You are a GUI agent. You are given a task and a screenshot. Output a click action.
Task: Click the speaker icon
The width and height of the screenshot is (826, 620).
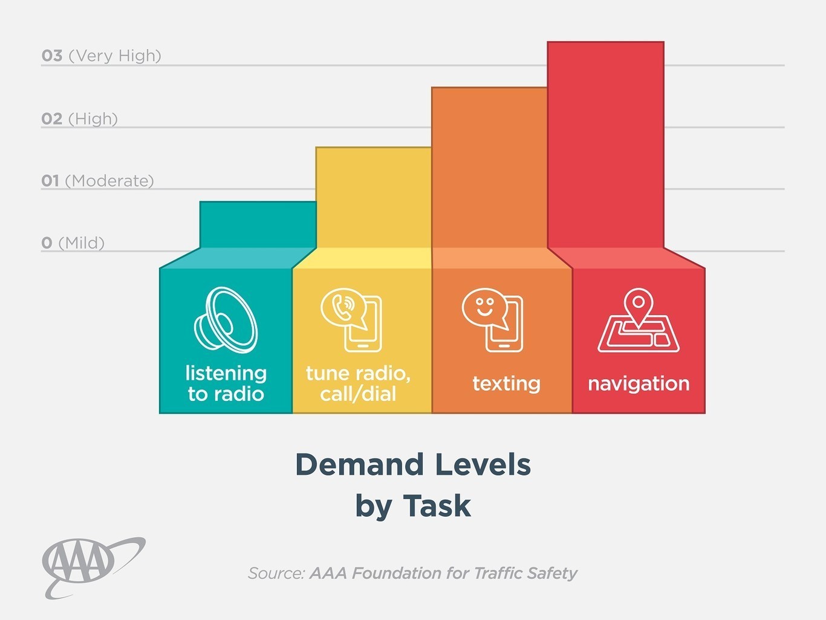[226, 320]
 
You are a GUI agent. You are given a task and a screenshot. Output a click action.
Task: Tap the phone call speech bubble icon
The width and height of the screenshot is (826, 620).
[351, 319]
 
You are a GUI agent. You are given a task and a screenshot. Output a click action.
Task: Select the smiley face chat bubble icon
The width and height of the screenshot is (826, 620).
[492, 319]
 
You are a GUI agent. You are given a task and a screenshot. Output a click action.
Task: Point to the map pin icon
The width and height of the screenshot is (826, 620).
[639, 319]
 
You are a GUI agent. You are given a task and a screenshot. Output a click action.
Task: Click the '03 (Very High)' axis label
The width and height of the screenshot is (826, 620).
[102, 56]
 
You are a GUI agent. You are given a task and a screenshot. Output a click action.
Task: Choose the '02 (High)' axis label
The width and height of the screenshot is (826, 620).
[79, 119]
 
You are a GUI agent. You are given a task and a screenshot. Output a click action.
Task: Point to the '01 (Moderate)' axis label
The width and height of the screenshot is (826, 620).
[97, 181]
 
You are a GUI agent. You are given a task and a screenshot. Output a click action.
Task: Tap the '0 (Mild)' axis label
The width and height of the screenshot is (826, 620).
[73, 243]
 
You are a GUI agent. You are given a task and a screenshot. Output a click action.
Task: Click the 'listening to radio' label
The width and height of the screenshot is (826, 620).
[226, 383]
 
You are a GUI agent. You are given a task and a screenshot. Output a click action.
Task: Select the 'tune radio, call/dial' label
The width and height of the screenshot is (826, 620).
[358, 383]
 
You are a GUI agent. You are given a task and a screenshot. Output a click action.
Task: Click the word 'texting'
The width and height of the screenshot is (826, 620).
[506, 383]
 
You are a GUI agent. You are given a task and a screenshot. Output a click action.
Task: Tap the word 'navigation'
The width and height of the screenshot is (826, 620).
[639, 383]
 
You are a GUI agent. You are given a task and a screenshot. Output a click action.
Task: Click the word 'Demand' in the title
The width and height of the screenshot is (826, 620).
[359, 465]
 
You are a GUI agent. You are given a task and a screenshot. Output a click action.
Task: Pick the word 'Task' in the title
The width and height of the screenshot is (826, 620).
[437, 506]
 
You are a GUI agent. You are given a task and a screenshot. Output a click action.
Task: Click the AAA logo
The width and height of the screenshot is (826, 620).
[91, 566]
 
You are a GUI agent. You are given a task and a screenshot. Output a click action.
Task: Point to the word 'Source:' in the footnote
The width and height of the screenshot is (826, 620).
[276, 573]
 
